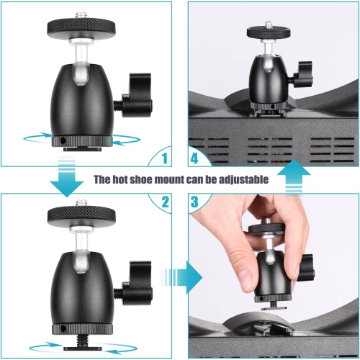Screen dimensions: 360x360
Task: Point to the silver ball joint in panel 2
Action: (80, 237)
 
